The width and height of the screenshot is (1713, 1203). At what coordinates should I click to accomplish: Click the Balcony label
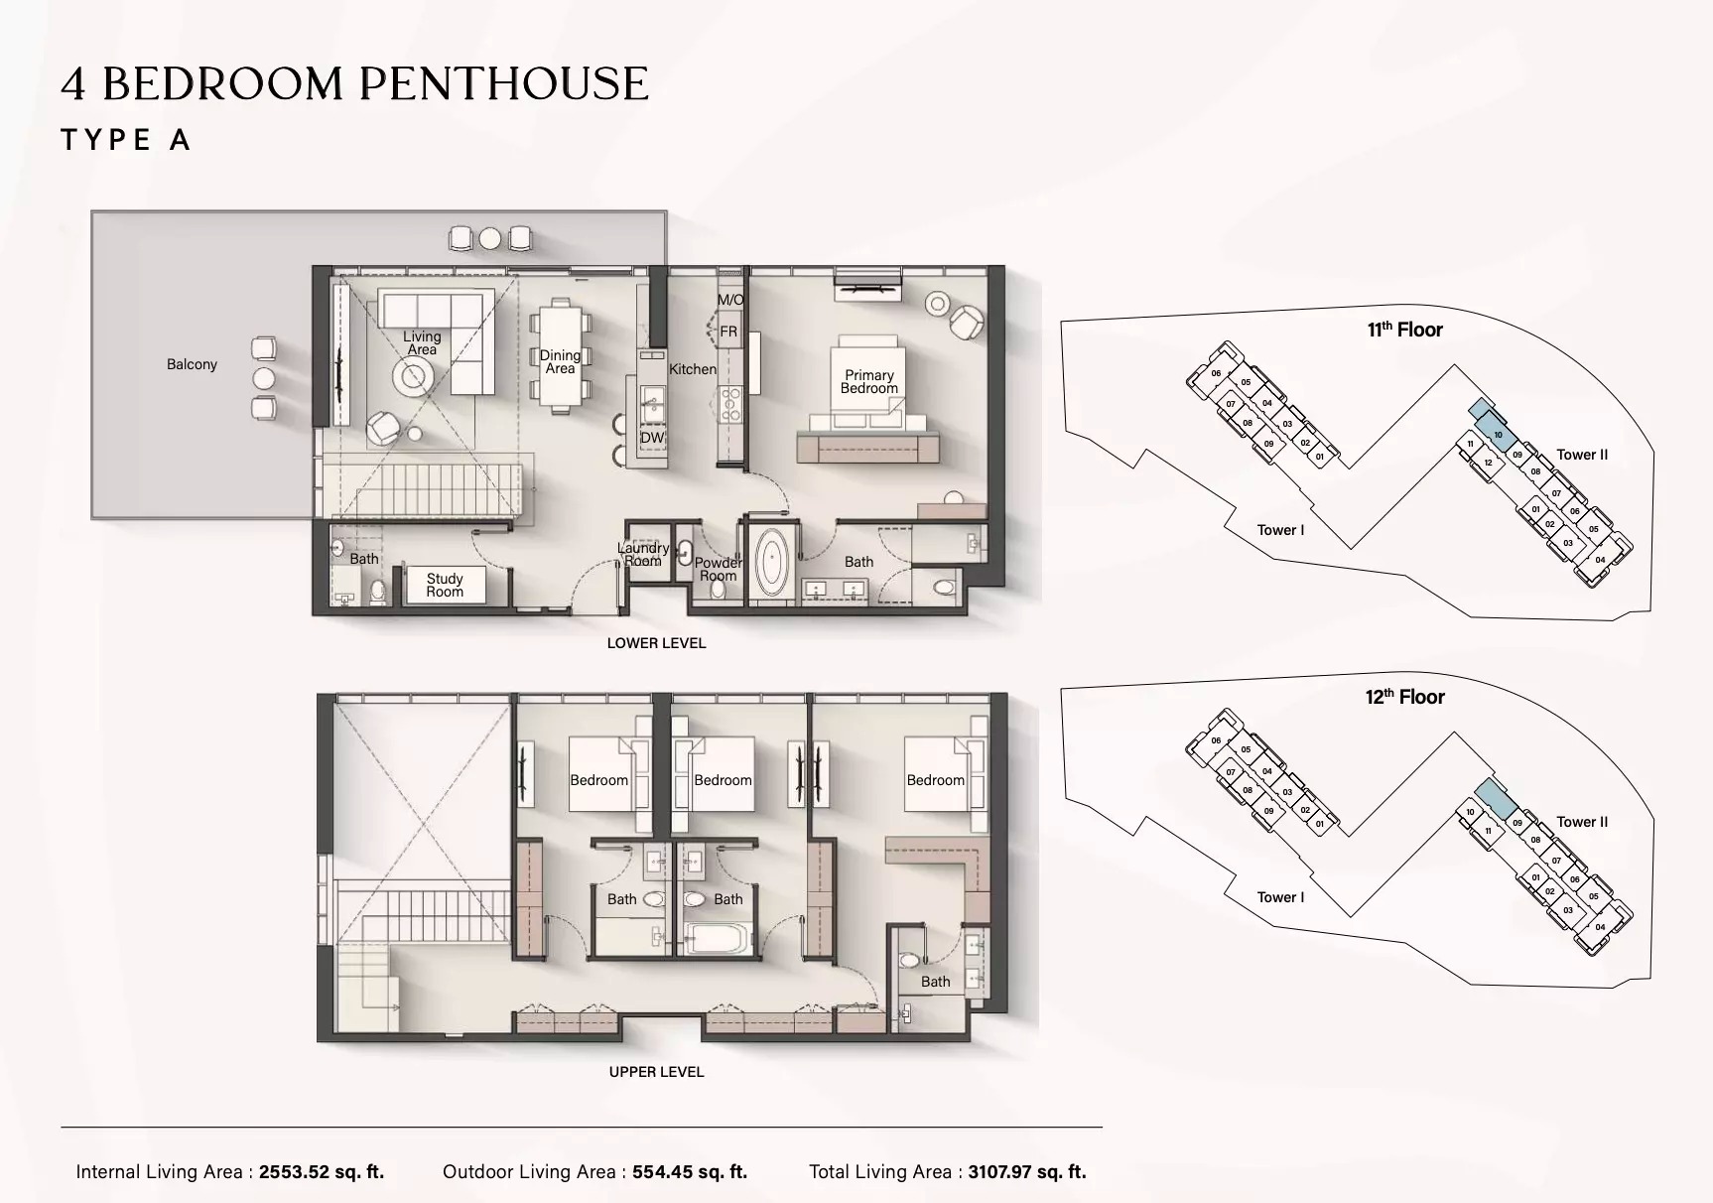192,364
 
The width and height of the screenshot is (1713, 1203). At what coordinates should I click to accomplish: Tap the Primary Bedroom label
868,382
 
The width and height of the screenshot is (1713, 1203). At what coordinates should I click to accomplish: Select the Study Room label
445,585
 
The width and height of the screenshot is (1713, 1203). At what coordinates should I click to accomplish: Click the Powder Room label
718,569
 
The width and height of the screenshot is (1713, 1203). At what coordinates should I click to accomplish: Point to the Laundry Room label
643,554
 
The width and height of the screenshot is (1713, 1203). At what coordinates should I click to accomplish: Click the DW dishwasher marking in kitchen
651,438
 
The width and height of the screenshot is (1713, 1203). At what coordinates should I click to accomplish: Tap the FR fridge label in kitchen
728,332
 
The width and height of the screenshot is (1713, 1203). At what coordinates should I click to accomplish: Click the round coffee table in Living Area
412,375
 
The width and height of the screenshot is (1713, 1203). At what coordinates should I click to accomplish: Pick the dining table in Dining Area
560,356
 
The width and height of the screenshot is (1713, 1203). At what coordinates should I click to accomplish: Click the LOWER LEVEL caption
656,643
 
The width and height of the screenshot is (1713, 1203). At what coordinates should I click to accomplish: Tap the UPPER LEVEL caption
656,1072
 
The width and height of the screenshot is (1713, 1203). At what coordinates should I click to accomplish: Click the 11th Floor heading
1404,330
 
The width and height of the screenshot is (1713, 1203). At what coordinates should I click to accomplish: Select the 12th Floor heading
1404,697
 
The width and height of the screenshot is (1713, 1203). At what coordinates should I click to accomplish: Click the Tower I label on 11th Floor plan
1280,530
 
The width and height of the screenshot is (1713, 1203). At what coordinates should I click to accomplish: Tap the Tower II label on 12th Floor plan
1582,822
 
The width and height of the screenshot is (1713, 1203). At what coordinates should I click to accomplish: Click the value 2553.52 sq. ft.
322,1172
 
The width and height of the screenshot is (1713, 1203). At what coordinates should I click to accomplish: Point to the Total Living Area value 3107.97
1027,1172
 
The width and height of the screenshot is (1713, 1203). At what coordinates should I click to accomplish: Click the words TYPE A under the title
126,140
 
